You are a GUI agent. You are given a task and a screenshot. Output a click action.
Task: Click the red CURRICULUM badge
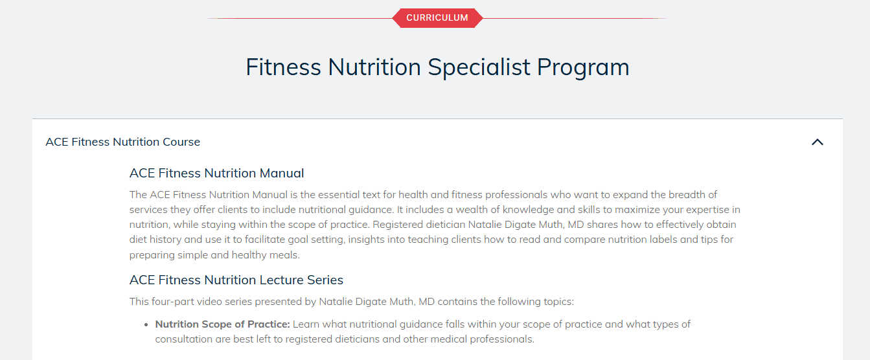(x=437, y=18)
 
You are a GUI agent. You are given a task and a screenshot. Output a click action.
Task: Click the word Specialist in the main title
(x=479, y=67)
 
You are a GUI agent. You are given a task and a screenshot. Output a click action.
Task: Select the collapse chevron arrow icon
(x=818, y=142)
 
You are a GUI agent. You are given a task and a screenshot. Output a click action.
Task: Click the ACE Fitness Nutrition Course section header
(x=122, y=142)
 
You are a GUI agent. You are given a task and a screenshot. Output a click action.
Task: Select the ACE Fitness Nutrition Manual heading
(x=217, y=173)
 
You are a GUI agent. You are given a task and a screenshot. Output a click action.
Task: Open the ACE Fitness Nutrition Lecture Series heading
(x=236, y=280)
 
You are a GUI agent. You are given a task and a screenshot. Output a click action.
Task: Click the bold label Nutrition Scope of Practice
(x=223, y=324)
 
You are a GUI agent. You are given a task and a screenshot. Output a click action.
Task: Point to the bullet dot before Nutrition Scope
(x=146, y=324)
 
